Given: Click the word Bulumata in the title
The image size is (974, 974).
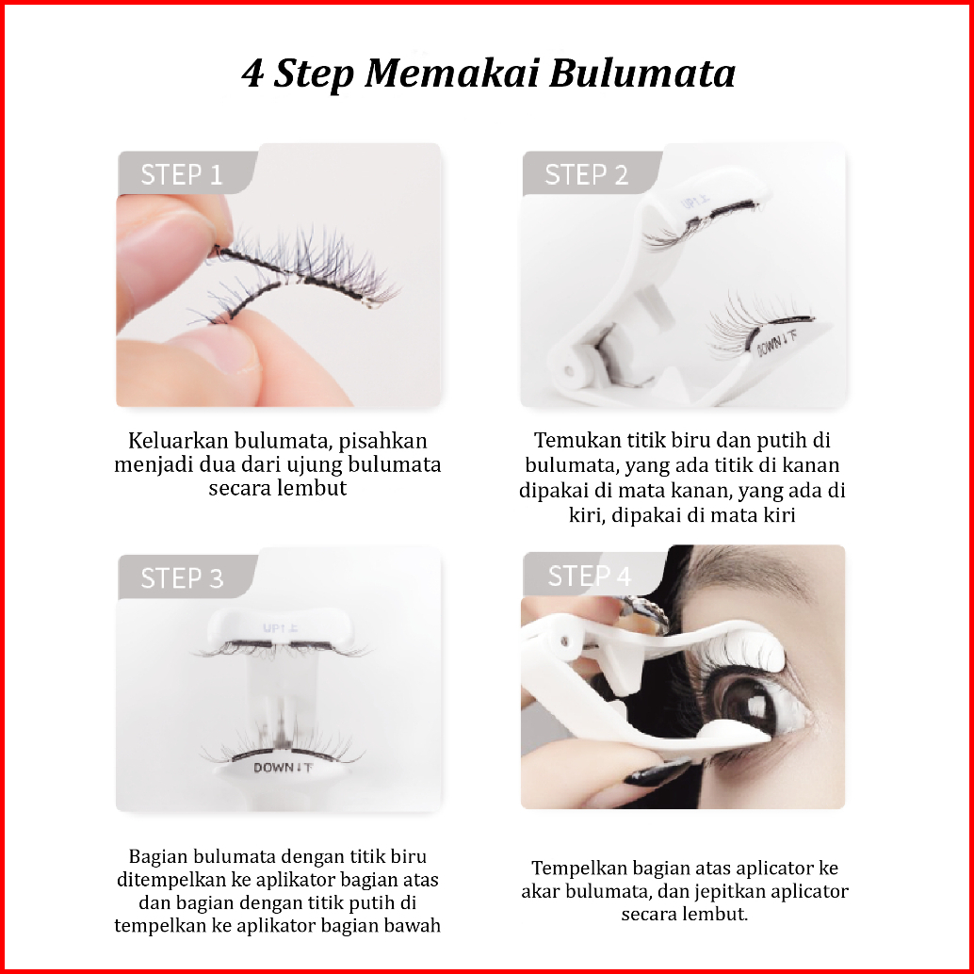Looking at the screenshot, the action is pos(642,73).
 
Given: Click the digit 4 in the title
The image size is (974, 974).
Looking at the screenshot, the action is pos(252,73).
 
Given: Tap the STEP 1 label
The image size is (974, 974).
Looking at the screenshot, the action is pos(182,174).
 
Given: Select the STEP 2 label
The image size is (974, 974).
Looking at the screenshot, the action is pos(586,174).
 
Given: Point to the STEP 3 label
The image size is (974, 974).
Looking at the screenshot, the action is pos(182,578).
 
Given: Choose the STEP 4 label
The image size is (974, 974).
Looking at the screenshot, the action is pos(589,576).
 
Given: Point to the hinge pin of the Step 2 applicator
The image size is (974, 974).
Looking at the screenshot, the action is pos(568,371).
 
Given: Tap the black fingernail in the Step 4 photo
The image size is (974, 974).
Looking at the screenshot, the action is pos(657,771).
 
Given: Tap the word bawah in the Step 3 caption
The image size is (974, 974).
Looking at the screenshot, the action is pos(412,925).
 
